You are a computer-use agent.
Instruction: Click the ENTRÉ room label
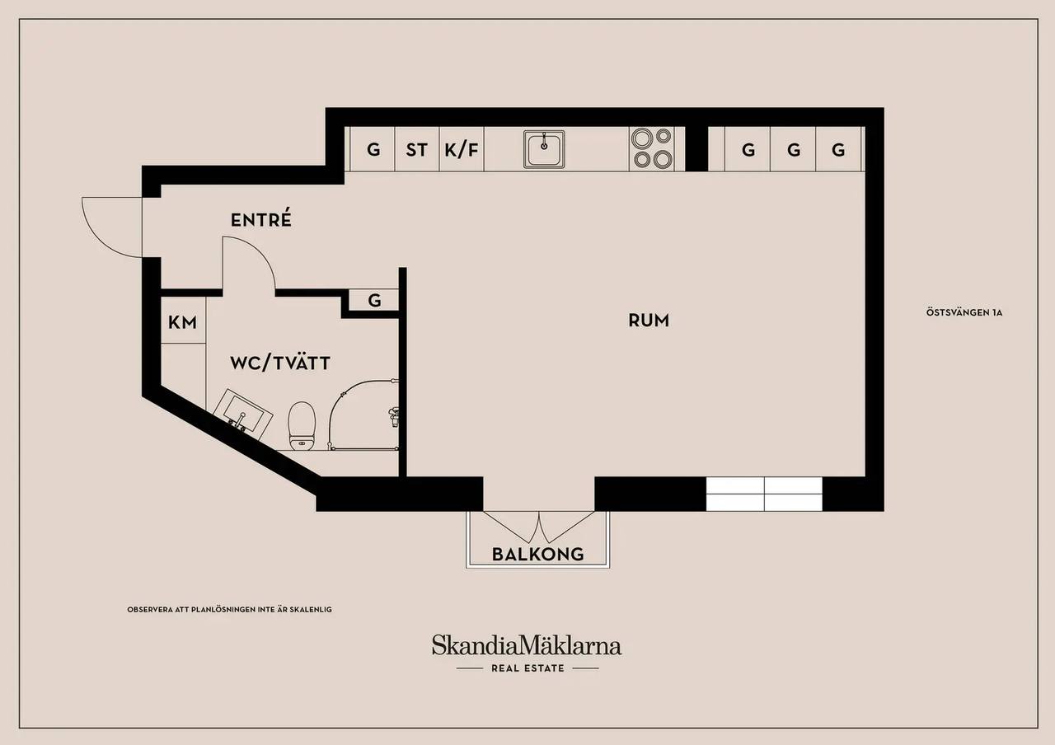pos(261,219)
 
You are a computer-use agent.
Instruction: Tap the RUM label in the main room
pos(649,321)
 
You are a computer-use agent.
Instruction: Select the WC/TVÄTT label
pos(279,363)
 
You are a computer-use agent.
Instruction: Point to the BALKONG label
pos(538,555)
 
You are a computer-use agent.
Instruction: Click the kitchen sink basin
pos(544,149)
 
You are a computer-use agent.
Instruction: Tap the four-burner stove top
pos(652,148)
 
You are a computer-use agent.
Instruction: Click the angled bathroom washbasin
pos(242,415)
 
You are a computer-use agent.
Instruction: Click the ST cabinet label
pos(417,150)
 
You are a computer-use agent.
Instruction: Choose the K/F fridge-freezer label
pos(462,150)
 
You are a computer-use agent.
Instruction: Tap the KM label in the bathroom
pos(182,322)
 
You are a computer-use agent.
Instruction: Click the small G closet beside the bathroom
pos(374,300)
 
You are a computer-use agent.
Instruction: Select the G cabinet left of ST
pos(373,150)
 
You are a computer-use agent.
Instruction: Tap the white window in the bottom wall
pos(764,494)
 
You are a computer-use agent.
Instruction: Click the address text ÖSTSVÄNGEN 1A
pos(964,312)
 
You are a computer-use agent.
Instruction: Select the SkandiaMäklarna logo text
pos(527,645)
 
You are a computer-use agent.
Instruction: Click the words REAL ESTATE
pos(527,668)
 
